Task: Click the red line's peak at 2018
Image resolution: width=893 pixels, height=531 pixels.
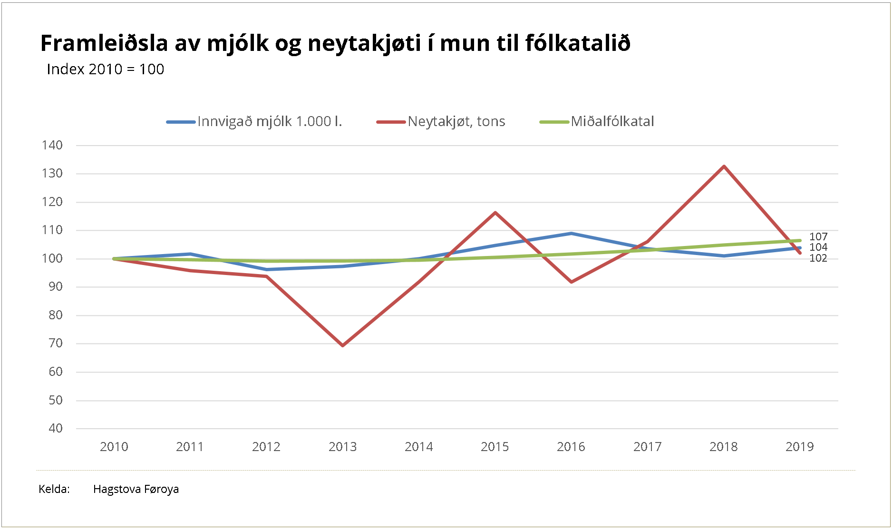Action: point(724,167)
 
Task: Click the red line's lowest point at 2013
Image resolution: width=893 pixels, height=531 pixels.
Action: point(342,345)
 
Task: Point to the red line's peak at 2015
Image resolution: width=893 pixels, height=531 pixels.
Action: point(495,212)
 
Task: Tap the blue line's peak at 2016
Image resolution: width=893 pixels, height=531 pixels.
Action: point(571,234)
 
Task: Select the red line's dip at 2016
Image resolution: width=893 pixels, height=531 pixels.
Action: point(571,282)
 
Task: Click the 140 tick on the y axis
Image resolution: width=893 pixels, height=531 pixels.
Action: point(52,145)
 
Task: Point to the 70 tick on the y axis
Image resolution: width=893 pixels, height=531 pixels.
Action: point(56,343)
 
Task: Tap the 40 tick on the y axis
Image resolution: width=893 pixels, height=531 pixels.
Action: point(56,428)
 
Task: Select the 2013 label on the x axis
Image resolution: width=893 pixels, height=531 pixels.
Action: point(342,447)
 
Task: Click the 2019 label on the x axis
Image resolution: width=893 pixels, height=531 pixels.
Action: point(799,447)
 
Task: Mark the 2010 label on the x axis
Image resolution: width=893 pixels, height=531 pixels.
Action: point(114,447)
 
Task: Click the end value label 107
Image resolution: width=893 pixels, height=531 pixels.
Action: point(818,236)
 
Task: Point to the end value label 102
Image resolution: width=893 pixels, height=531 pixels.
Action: point(818,258)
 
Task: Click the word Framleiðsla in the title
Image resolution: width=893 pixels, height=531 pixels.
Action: point(104,43)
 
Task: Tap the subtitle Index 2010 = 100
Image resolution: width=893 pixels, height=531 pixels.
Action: point(105,69)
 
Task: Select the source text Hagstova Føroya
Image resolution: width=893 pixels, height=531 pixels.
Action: point(136,489)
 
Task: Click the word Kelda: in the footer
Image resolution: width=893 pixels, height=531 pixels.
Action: point(54,489)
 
